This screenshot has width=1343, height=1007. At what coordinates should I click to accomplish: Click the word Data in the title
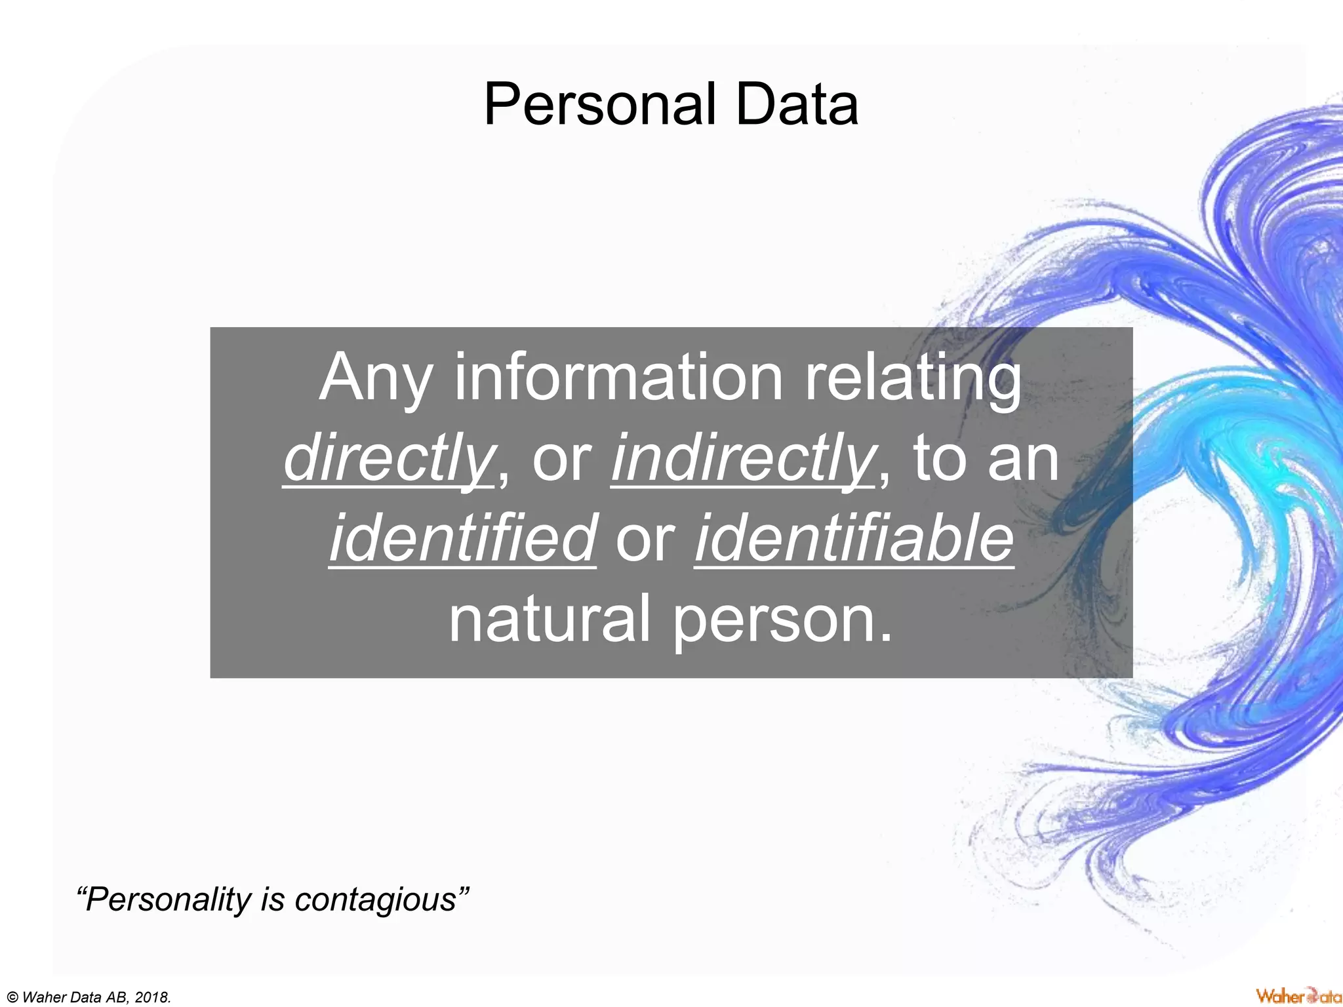point(796,105)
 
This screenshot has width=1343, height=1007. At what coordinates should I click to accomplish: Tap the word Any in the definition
point(374,379)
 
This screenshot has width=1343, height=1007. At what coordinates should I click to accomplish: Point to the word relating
point(913,379)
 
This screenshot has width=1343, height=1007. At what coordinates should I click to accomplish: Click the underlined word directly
point(388,458)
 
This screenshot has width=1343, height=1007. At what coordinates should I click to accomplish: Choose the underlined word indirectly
point(742,458)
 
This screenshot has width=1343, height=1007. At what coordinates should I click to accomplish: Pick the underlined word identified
point(462,538)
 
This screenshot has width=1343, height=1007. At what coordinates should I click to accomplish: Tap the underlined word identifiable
point(854,538)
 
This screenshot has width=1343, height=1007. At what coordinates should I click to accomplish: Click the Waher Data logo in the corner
point(1297,996)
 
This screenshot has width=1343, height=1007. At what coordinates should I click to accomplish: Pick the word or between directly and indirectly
point(561,460)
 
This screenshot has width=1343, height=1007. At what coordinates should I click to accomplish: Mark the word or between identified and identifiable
point(645,540)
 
